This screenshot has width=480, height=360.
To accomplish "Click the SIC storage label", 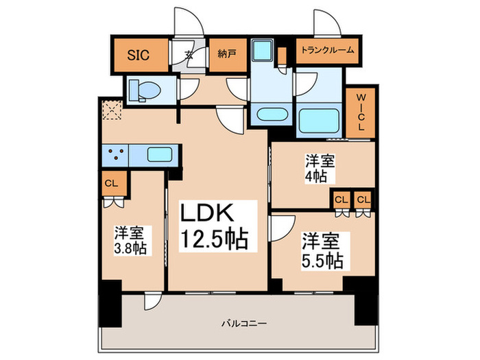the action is pyautogui.click(x=138, y=55).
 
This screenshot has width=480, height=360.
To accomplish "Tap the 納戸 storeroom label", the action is pyautogui.click(x=227, y=54).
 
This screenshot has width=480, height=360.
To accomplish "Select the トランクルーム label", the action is pyautogui.click(x=327, y=50).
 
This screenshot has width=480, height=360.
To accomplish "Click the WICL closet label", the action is pyautogui.click(x=361, y=112).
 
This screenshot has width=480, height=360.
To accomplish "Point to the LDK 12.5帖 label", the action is pyautogui.click(x=214, y=226).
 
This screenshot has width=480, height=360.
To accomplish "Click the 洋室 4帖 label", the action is pyautogui.click(x=320, y=169).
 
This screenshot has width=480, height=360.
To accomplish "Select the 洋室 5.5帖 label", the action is pyautogui.click(x=322, y=251).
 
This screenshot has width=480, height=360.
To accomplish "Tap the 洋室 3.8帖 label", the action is pyautogui.click(x=130, y=241).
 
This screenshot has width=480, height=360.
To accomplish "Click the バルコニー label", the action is pyautogui.click(x=244, y=323).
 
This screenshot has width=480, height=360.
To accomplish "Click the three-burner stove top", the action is pyautogui.click(x=116, y=155).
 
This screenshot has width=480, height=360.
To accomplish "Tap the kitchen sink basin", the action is pyautogui.click(x=160, y=155).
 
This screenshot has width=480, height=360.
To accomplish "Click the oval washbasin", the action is pyautogui.click(x=272, y=115).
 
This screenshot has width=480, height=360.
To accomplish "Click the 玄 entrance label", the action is pyautogui.click(x=189, y=55).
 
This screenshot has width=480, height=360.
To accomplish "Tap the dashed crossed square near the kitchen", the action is pyautogui.click(x=112, y=110).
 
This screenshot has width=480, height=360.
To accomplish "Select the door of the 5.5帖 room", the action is pyautogui.click(x=283, y=228).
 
